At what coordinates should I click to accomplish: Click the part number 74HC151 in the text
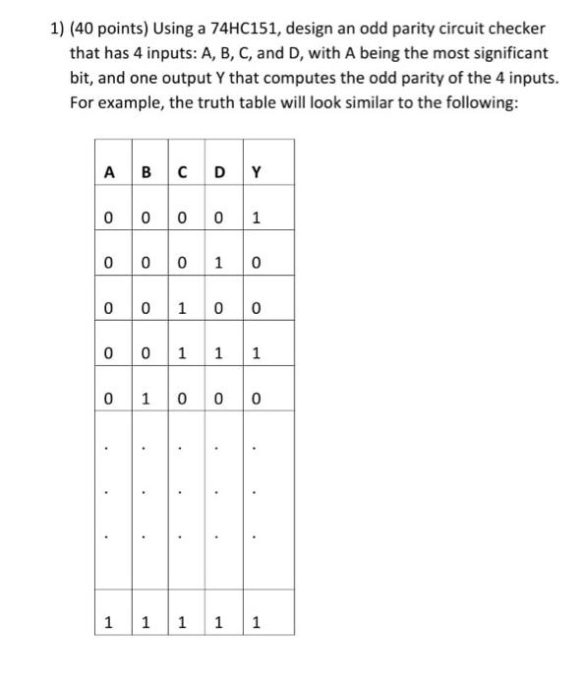[x=247, y=27]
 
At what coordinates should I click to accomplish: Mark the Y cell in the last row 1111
[x=256, y=622]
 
